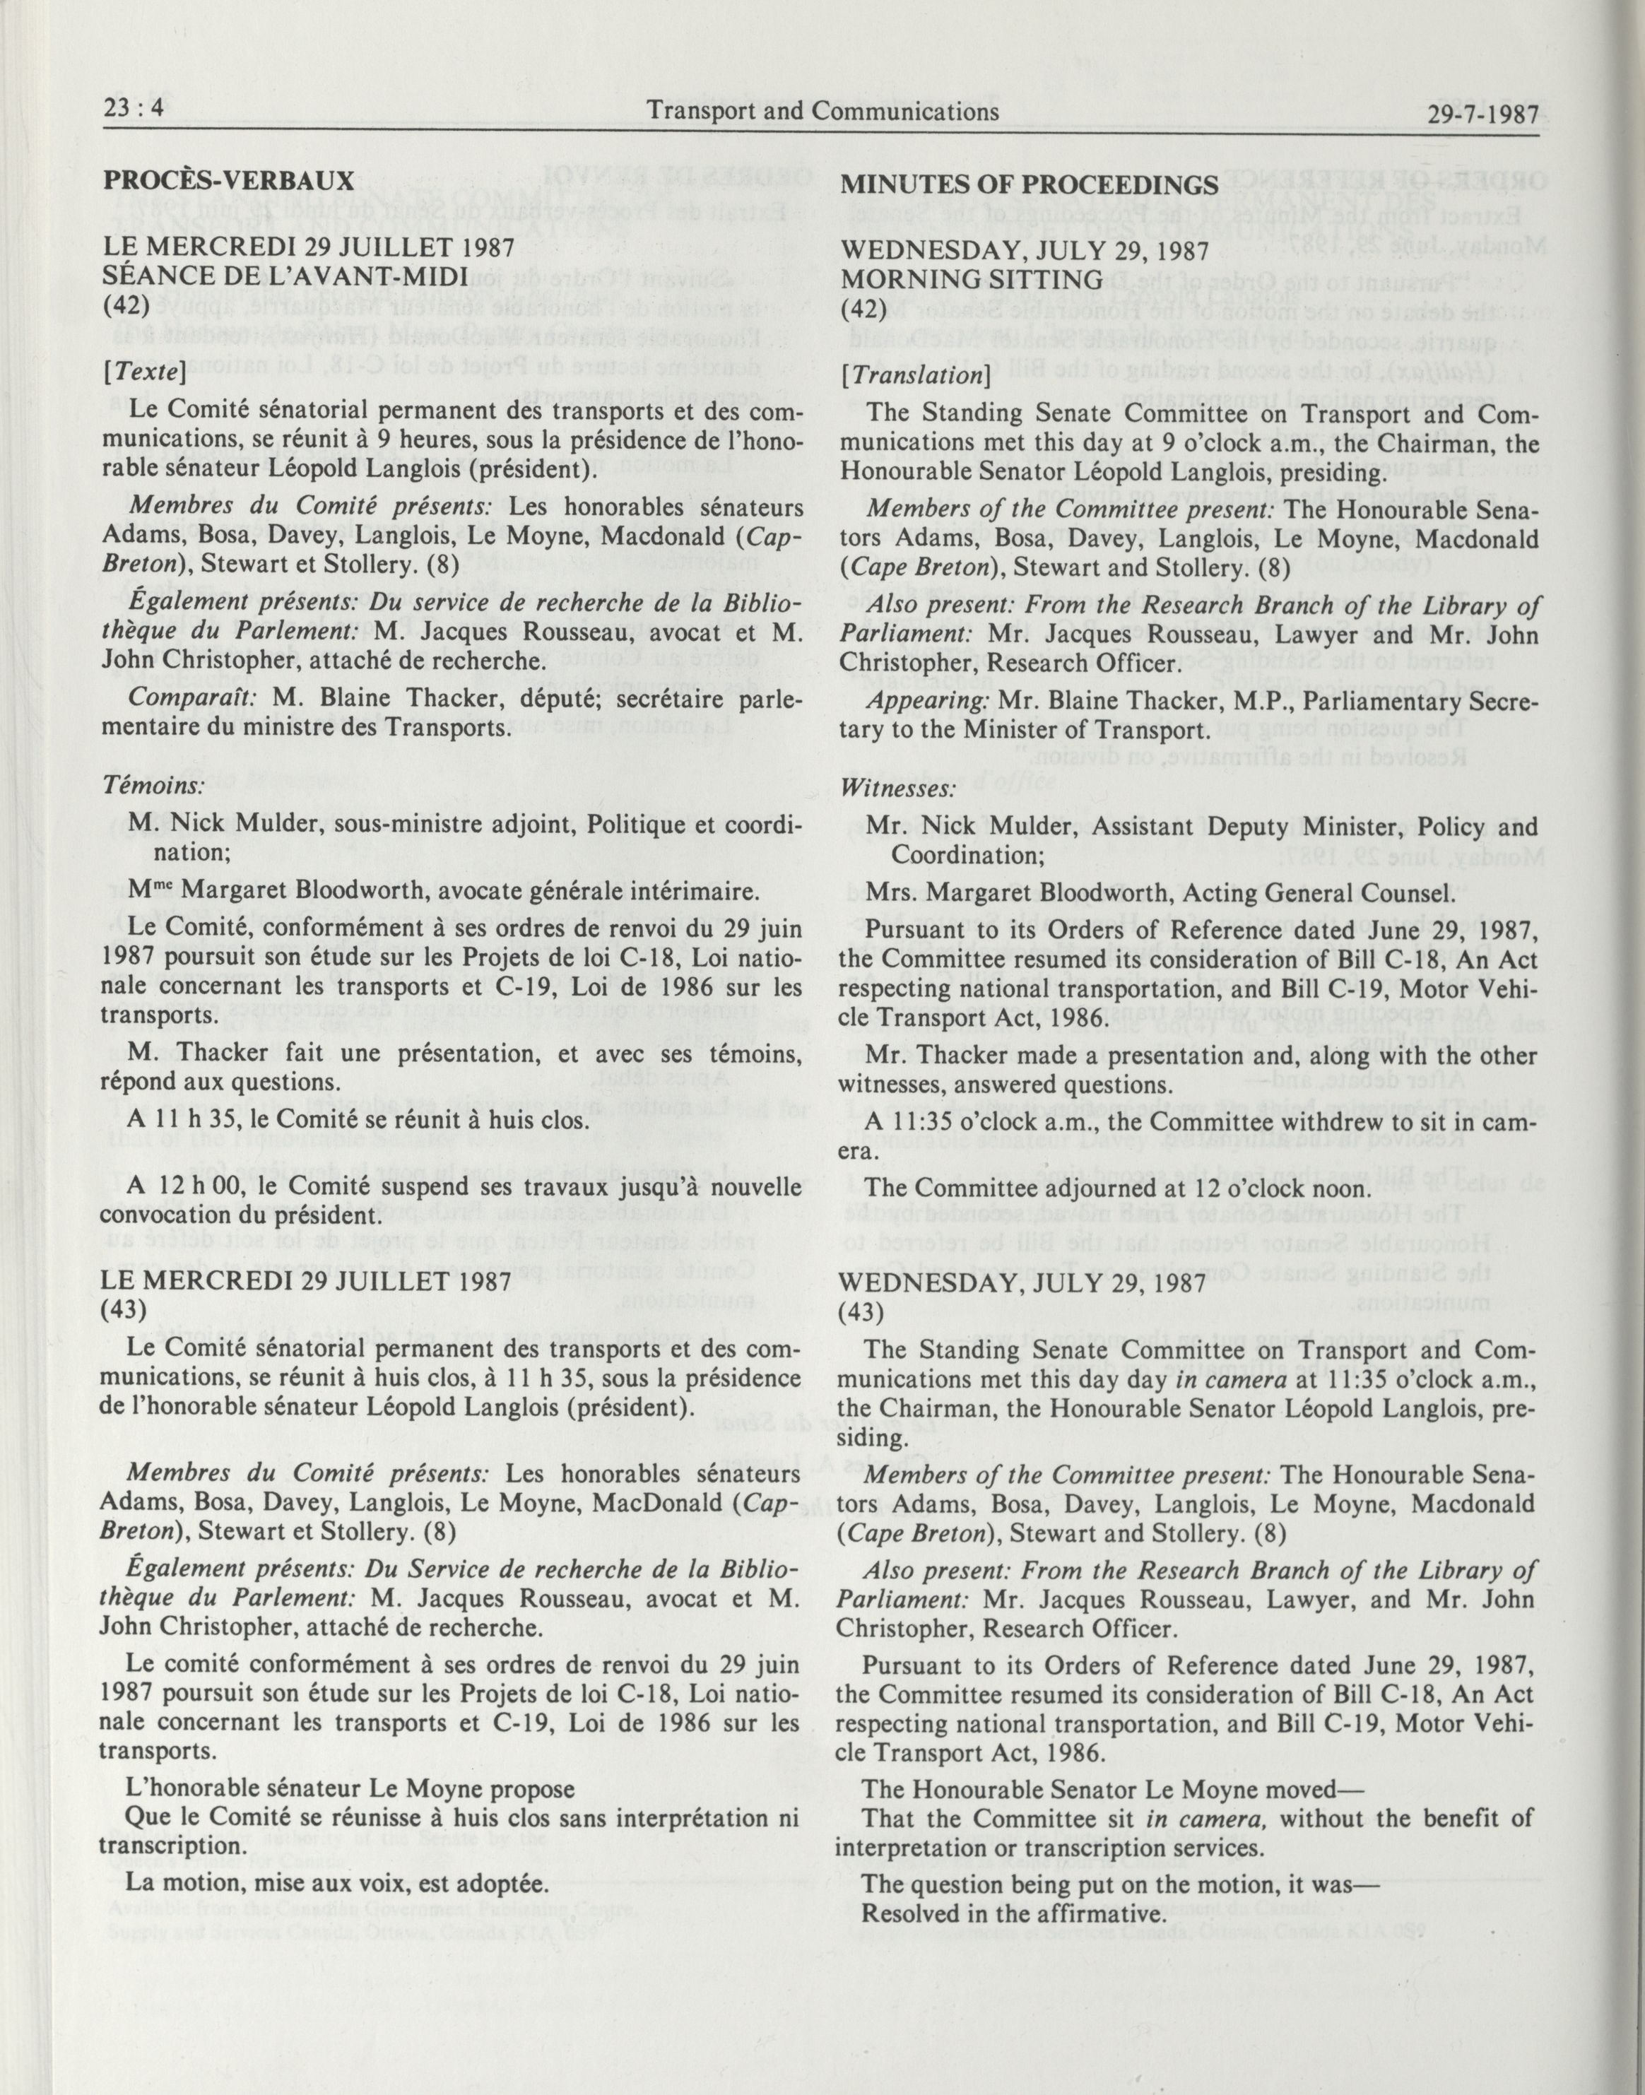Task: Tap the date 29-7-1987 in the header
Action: pos(1483,114)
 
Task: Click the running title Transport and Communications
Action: pos(823,112)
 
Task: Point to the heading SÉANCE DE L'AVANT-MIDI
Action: pos(284,278)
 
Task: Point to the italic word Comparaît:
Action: pos(194,697)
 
